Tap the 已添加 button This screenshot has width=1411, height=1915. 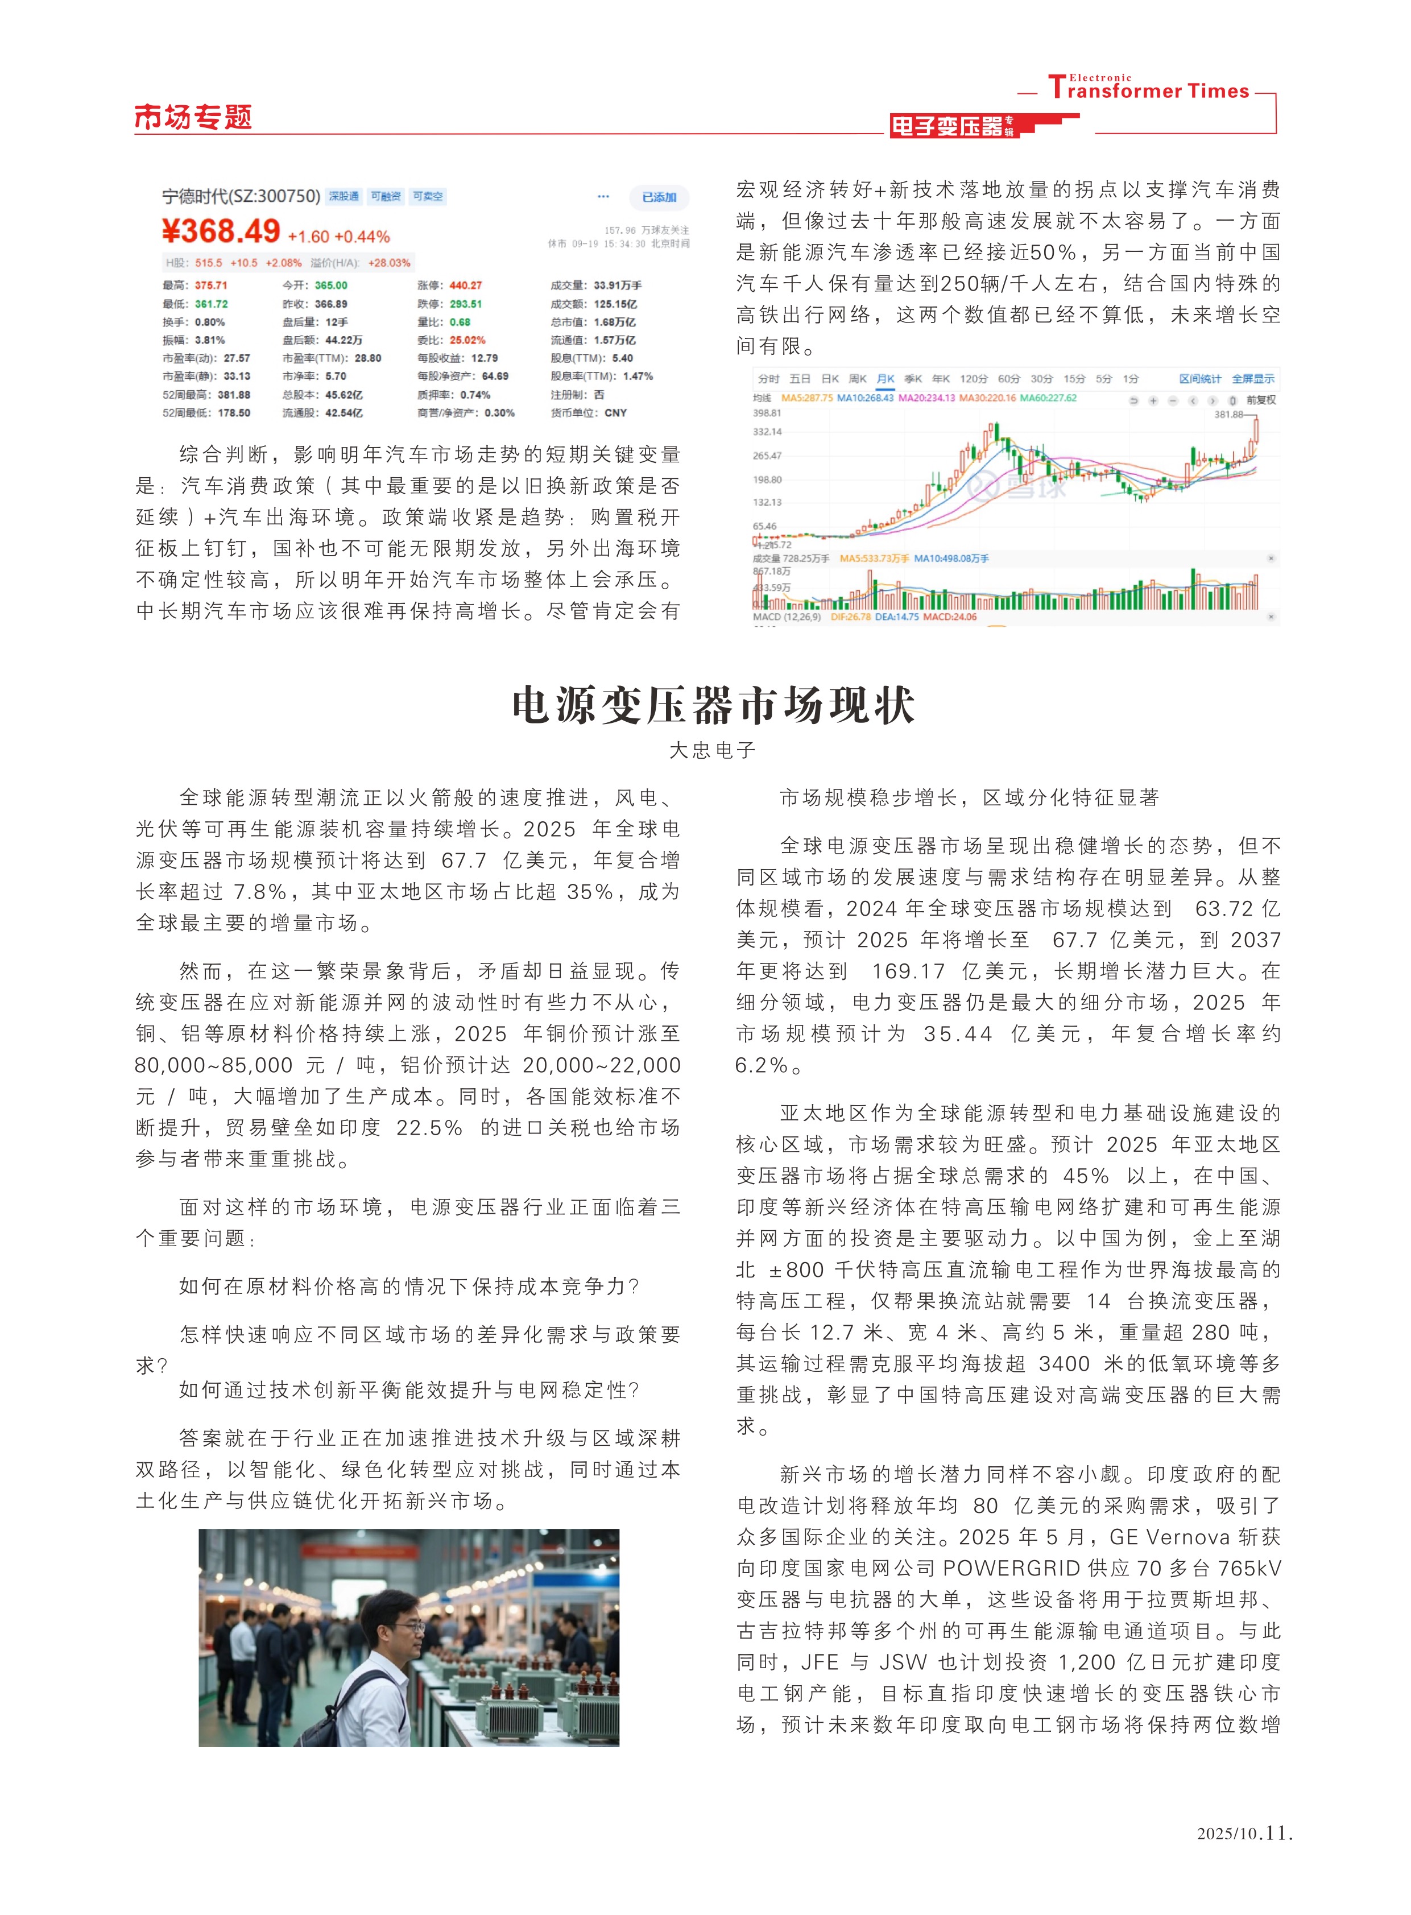click(x=659, y=197)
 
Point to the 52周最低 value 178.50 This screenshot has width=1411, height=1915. click(x=234, y=412)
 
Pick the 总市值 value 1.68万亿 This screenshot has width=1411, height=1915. click(x=615, y=322)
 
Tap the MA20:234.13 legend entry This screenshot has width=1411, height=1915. click(x=926, y=398)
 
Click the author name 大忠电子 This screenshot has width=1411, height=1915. click(x=713, y=750)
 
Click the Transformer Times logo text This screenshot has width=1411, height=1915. click(x=1149, y=90)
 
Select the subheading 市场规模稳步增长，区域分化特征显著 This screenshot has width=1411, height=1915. click(x=970, y=798)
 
